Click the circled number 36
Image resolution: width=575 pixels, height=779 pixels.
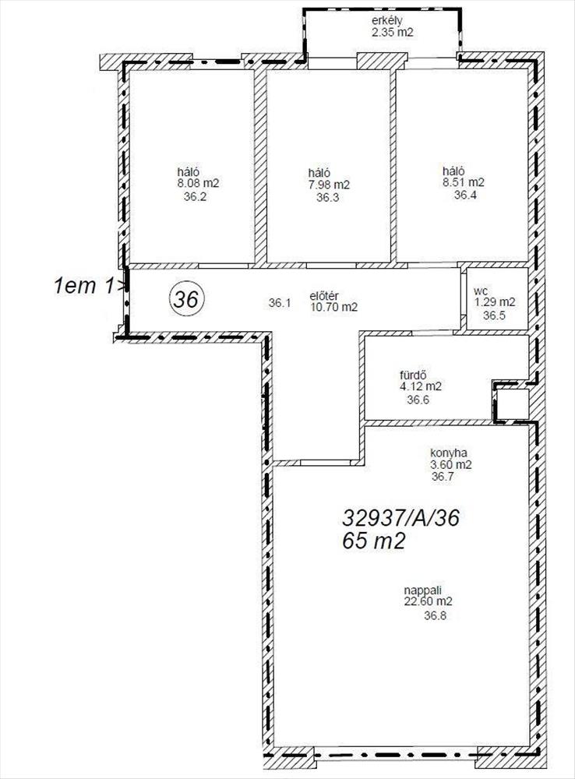point(187,300)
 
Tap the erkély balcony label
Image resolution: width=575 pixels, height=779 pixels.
point(386,21)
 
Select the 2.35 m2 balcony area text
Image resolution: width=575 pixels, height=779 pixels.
point(393,33)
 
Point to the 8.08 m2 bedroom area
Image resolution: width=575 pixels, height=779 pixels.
point(199,183)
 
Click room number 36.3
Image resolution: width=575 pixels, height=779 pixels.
point(328,198)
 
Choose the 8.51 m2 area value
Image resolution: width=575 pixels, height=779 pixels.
point(464,182)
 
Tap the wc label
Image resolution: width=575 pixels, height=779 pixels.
point(480,291)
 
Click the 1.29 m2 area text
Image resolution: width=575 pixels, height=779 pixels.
point(495,302)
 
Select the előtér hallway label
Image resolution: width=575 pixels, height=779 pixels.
point(324,295)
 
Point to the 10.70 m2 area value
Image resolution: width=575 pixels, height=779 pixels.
point(334,307)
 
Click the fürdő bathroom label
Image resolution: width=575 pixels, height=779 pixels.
point(414,375)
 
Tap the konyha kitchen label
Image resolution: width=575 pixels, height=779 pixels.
point(448,453)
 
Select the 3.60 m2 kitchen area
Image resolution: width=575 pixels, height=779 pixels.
point(451,465)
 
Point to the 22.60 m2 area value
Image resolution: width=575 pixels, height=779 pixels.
point(429,601)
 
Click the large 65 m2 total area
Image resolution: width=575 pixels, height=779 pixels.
point(374,541)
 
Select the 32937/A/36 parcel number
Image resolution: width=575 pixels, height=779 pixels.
point(400,519)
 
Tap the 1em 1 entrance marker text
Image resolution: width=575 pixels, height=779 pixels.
point(84,286)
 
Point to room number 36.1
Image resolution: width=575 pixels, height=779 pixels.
point(280,302)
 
